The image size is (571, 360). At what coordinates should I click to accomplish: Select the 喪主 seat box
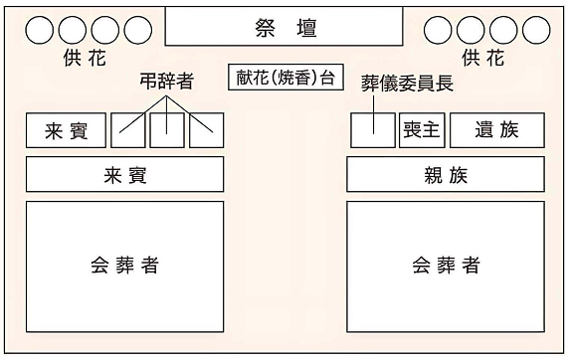tap(422, 130)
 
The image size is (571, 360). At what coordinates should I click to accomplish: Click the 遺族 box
tap(497, 130)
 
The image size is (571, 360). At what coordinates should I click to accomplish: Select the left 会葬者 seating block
tap(124, 266)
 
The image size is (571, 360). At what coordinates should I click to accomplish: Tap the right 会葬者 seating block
tap(446, 266)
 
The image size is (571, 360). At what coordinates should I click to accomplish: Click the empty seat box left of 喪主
tap(373, 130)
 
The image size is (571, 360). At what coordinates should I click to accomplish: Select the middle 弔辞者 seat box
tap(167, 130)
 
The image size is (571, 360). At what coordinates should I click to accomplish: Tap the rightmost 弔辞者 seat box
tap(205, 130)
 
